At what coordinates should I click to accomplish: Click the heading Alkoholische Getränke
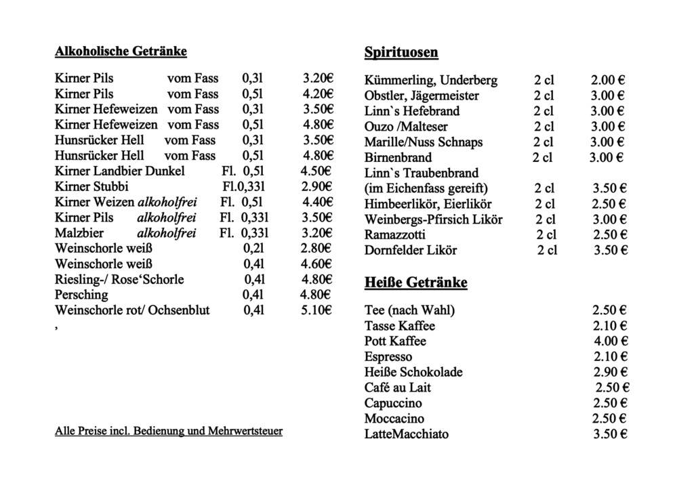point(121,51)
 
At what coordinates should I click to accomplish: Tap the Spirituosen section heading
point(401,52)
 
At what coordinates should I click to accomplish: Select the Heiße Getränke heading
point(415,282)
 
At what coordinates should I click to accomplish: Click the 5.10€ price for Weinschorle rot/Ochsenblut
point(315,311)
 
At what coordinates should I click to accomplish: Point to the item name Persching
point(81,295)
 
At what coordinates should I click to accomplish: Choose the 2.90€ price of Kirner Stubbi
point(316,186)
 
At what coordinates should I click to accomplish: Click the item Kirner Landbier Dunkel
point(120,171)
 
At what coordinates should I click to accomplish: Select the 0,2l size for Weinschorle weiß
point(253,249)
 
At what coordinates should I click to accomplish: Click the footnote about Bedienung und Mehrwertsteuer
point(168,431)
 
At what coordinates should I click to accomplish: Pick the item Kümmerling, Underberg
point(430,81)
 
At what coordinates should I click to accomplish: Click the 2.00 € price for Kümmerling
point(608,81)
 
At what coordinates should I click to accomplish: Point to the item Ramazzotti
point(395,235)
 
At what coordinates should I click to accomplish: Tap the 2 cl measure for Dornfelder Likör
point(547,251)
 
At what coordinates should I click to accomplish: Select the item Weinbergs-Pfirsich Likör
point(434,219)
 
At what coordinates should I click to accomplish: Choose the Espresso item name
point(388,357)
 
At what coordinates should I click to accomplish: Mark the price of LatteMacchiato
point(610,434)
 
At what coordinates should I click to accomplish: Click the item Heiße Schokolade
point(413,373)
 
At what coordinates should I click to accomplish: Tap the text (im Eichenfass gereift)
point(426,188)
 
